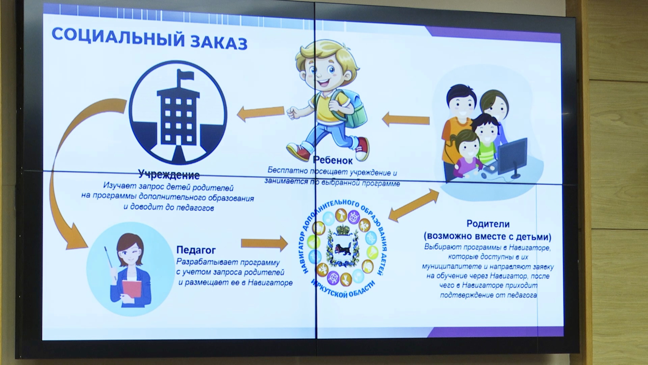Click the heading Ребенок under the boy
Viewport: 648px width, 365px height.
pos(333,160)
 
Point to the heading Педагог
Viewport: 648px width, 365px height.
pos(196,250)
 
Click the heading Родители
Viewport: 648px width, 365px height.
pos(488,224)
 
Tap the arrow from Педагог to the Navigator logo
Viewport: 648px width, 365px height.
pos(264,243)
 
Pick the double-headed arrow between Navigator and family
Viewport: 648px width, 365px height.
pos(414,205)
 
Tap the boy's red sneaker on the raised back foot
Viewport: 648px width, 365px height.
pos(362,149)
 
